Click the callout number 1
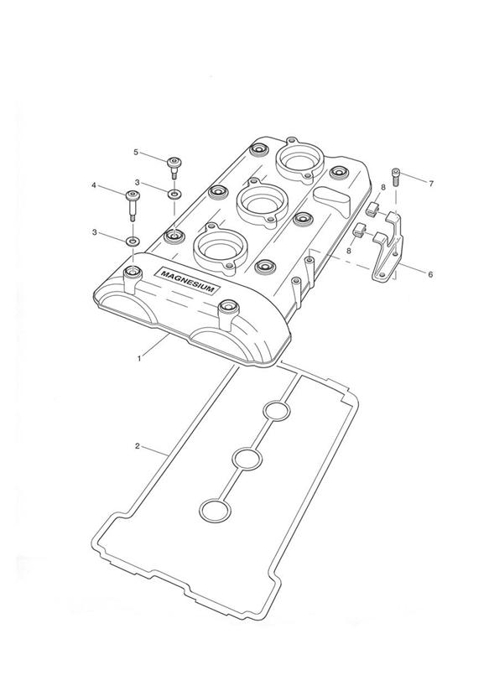pos(139,359)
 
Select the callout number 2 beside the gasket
pos(138,446)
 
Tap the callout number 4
pos(93,185)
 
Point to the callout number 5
pos(136,152)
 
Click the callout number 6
pos(430,274)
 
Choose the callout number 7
pos(431,184)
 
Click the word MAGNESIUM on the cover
pos(190,282)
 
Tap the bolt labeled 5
pos(174,168)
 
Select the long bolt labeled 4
pos(132,205)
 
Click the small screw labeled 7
pos(396,177)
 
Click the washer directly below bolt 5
pos(174,194)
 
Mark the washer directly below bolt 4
pos(133,241)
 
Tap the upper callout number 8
pos(383,187)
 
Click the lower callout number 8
pos(349,251)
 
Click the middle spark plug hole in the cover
pos(262,203)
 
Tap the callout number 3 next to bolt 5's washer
pos(138,182)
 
